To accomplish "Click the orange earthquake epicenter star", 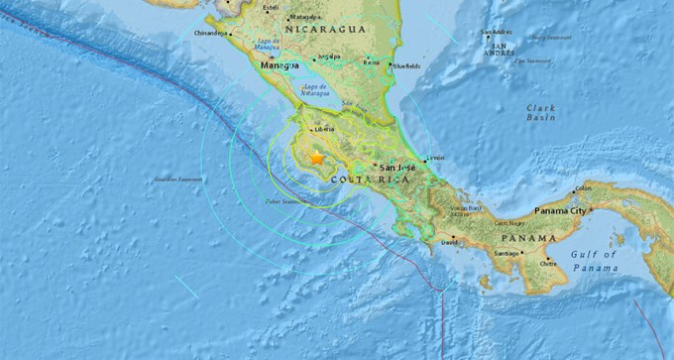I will click(316, 158).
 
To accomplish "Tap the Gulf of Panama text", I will click(595, 261).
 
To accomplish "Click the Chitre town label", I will click(548, 263).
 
